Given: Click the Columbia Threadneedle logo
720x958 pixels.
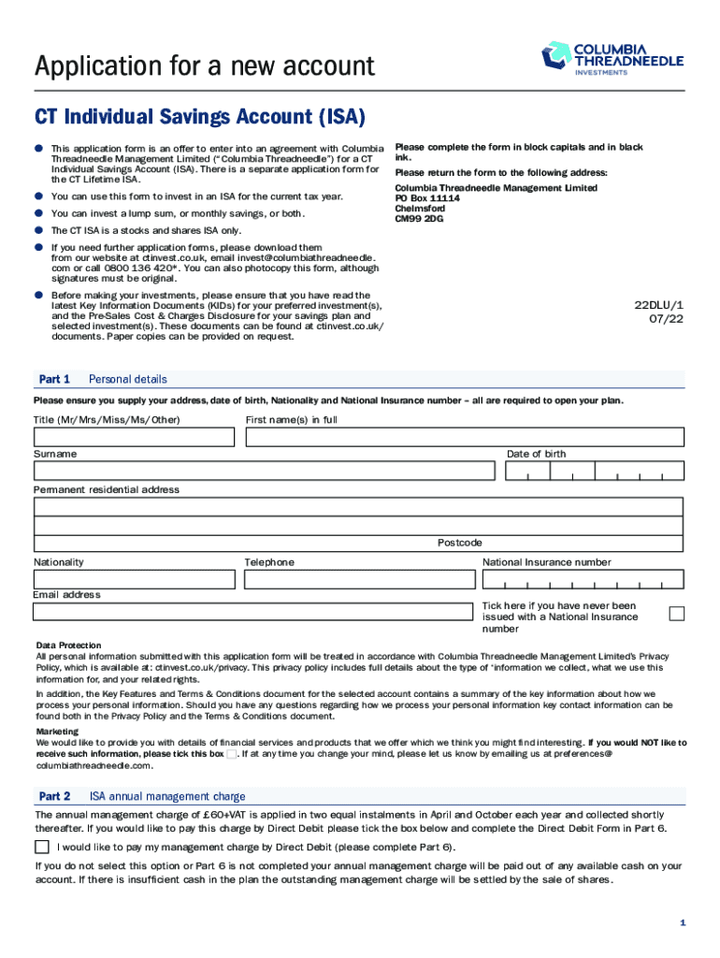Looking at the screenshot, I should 612,57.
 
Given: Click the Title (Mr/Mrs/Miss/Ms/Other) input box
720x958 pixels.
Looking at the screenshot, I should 134,437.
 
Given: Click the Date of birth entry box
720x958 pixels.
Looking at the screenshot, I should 595,471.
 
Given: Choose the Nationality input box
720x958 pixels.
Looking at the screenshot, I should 134,579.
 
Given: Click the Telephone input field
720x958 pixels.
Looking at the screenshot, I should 358,579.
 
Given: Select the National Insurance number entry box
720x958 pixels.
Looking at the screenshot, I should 583,579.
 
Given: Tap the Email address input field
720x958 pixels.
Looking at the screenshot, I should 252,612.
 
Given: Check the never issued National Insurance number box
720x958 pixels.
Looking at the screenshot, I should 677,614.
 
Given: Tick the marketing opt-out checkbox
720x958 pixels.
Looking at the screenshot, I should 231,754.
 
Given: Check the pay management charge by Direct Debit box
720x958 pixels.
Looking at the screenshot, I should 42,847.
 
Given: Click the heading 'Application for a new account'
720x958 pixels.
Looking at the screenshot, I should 204,66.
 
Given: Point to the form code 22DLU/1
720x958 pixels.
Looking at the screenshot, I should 659,305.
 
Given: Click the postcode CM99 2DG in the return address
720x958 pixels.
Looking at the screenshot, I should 419,220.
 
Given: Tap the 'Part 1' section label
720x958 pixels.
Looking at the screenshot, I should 54,379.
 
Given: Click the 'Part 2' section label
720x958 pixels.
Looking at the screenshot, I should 54,796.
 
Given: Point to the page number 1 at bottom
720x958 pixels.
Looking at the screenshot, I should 683,923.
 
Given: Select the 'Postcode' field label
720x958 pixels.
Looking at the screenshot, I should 459,543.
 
